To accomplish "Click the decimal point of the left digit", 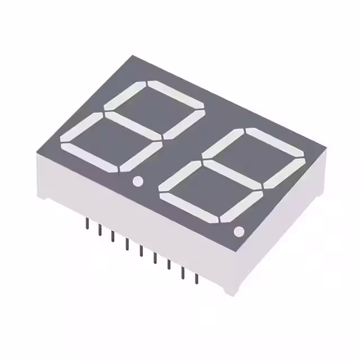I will pos(137,181).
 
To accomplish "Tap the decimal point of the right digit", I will pos(238,231).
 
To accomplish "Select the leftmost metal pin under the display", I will pos(87,223).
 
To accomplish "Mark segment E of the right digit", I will pos(181,176).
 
